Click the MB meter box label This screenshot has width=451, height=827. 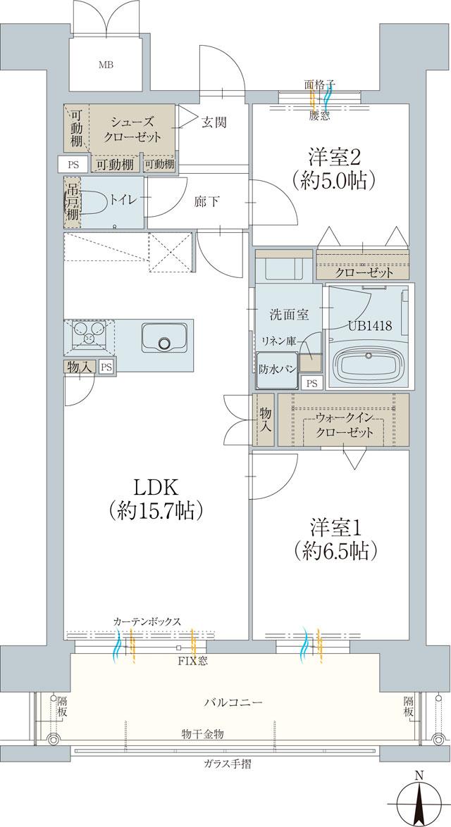click(106, 65)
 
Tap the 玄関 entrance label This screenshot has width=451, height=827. click(214, 122)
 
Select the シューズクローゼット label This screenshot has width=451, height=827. click(132, 128)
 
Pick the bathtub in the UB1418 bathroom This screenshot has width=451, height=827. click(370, 366)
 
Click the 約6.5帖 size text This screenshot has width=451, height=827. click(330, 550)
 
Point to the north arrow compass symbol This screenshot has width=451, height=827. click(419, 802)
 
